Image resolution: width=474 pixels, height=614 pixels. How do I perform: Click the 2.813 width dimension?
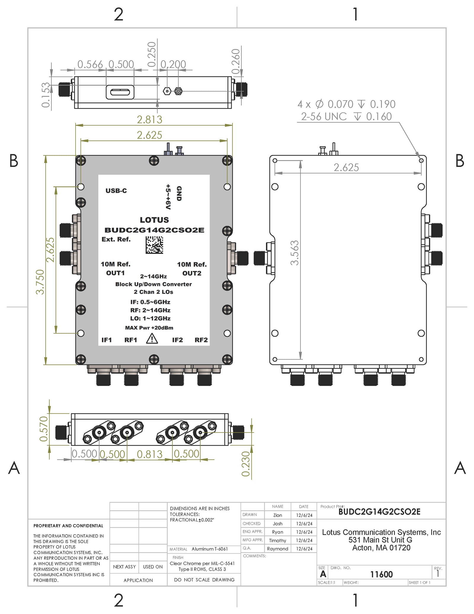(149, 119)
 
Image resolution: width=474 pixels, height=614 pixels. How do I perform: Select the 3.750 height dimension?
(40, 282)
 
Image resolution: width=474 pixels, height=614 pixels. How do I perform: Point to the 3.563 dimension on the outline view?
(294, 253)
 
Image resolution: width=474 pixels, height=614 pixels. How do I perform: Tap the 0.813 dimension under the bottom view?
(150, 454)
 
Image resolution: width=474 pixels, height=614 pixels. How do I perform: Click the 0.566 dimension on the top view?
(90, 64)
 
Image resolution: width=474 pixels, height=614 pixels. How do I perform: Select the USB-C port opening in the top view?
(120, 92)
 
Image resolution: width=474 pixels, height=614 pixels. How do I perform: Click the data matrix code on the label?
(154, 245)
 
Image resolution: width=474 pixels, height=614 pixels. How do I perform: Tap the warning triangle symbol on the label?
(152, 339)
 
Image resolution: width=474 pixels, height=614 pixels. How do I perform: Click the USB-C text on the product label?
(116, 191)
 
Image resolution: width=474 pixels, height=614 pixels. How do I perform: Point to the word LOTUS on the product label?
(154, 220)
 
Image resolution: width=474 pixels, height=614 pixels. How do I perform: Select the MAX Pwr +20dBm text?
(149, 328)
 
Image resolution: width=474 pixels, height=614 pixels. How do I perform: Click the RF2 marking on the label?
(201, 340)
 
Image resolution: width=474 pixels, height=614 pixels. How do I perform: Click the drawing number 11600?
(381, 575)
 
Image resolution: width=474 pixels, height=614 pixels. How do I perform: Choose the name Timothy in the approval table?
(277, 540)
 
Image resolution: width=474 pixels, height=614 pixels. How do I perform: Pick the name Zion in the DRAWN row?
(278, 515)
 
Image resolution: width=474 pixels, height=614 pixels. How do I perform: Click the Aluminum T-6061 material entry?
(209, 549)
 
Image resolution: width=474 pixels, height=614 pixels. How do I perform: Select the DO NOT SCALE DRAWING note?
(204, 580)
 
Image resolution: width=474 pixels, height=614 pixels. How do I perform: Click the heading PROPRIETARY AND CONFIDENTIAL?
(68, 526)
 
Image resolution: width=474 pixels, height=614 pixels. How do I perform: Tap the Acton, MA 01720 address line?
(381, 548)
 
